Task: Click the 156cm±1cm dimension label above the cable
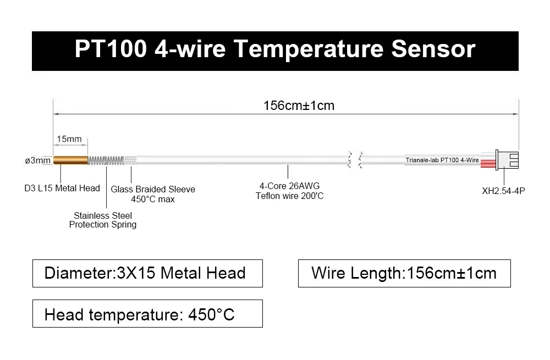[x=299, y=106]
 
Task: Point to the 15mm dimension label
[x=69, y=139]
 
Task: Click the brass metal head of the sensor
[x=70, y=160]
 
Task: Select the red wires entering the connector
[x=487, y=160]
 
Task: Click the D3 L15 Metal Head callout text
[x=62, y=189]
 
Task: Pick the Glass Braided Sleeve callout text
[x=153, y=190]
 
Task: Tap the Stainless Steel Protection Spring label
[x=103, y=220]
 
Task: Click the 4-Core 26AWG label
[x=290, y=186]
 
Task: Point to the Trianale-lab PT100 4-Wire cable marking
[x=442, y=160]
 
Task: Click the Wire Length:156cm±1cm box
[x=404, y=273]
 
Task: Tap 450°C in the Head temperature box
[x=211, y=314]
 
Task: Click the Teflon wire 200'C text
[x=290, y=196]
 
